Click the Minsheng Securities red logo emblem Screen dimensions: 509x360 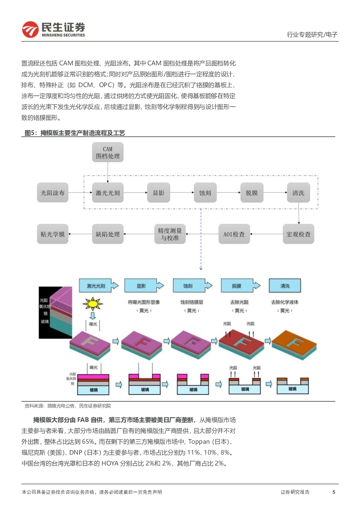[30, 29]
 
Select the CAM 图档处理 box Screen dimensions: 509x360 [108, 152]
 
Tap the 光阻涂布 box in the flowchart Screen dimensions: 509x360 [53, 193]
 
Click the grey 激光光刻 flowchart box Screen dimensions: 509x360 [108, 193]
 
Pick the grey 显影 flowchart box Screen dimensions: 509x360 [159, 193]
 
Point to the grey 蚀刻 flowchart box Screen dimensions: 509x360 [205, 193]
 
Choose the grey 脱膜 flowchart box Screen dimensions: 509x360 [251, 193]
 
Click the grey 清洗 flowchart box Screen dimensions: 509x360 [298, 193]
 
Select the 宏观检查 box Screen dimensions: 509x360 [298, 234]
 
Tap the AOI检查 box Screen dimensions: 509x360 [234, 234]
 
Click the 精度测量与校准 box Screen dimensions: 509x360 [170, 234]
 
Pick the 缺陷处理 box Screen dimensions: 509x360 [108, 234]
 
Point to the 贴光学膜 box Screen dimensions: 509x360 [53, 234]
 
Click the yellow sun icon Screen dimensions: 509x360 [93, 303]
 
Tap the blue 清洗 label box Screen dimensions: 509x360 [285, 286]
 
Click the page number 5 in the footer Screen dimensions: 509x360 [334, 492]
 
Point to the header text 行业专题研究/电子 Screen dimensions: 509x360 [312, 34]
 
